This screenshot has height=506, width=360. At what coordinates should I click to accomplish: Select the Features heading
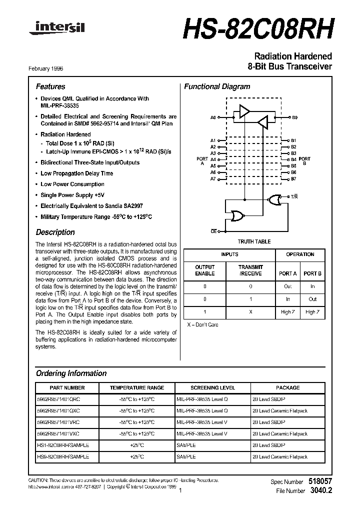pyautogui.click(x=50, y=86)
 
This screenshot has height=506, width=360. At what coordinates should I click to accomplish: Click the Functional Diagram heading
pyautogui.click(x=217, y=86)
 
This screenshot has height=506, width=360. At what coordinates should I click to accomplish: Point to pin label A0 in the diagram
pyautogui.click(x=213, y=117)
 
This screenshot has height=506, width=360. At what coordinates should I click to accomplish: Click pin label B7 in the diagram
pyautogui.click(x=294, y=178)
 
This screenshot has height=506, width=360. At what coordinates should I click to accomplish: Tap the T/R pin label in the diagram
pyautogui.click(x=294, y=197)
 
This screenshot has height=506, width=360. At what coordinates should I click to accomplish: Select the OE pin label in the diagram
pyautogui.click(x=213, y=231)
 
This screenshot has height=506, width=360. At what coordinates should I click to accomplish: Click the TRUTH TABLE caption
pyautogui.click(x=254, y=241)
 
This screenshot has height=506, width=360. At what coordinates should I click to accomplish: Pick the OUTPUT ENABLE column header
pyautogui.click(x=204, y=270)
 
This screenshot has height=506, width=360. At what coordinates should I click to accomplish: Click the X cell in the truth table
pyautogui.click(x=250, y=311)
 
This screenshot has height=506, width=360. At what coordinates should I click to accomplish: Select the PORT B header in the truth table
pyautogui.click(x=312, y=273)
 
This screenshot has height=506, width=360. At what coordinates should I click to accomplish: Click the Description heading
pyautogui.click(x=55, y=232)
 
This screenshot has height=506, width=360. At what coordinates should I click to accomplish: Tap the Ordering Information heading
pyautogui.click(x=71, y=373)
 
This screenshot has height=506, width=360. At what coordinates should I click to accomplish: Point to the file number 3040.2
pyautogui.click(x=320, y=491)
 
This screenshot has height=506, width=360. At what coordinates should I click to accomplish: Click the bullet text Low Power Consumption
pyautogui.click(x=72, y=184)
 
